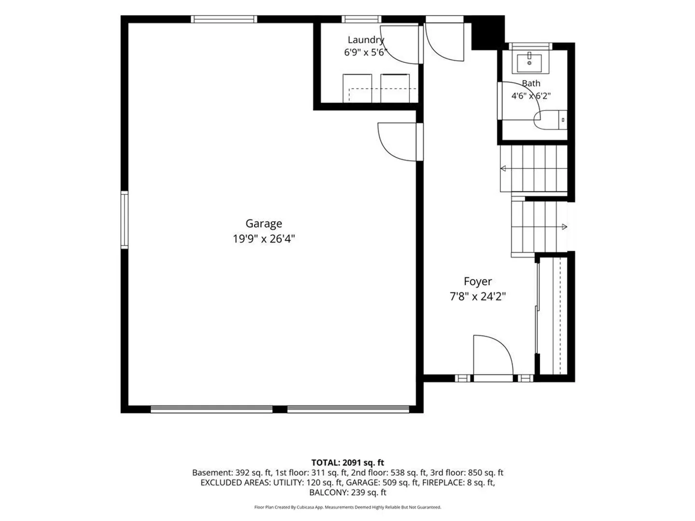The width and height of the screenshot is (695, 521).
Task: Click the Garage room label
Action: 264,224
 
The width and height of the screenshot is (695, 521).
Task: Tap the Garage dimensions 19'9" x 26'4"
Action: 264,239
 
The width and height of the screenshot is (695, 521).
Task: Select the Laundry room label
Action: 366,40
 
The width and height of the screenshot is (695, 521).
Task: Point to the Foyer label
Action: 477,282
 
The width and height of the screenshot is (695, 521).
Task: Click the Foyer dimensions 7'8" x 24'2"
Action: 477,296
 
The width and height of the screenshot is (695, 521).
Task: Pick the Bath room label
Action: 531,83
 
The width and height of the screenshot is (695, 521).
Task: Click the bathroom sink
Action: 529,63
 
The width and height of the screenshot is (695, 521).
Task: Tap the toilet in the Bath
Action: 550,120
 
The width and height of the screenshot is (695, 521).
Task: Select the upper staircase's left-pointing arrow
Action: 503,169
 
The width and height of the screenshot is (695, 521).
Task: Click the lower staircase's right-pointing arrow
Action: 564,227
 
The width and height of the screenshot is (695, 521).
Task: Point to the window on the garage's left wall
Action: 125,220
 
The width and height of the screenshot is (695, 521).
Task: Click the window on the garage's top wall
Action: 224,19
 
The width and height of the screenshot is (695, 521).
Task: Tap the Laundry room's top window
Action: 361,19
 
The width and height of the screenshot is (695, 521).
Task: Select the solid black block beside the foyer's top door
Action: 487,33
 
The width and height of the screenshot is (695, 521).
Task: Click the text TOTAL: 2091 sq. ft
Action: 347,463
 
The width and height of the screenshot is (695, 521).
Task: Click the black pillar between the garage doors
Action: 280,409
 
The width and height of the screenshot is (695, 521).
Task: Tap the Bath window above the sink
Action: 530,46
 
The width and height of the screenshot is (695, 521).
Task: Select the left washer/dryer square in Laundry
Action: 357,88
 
